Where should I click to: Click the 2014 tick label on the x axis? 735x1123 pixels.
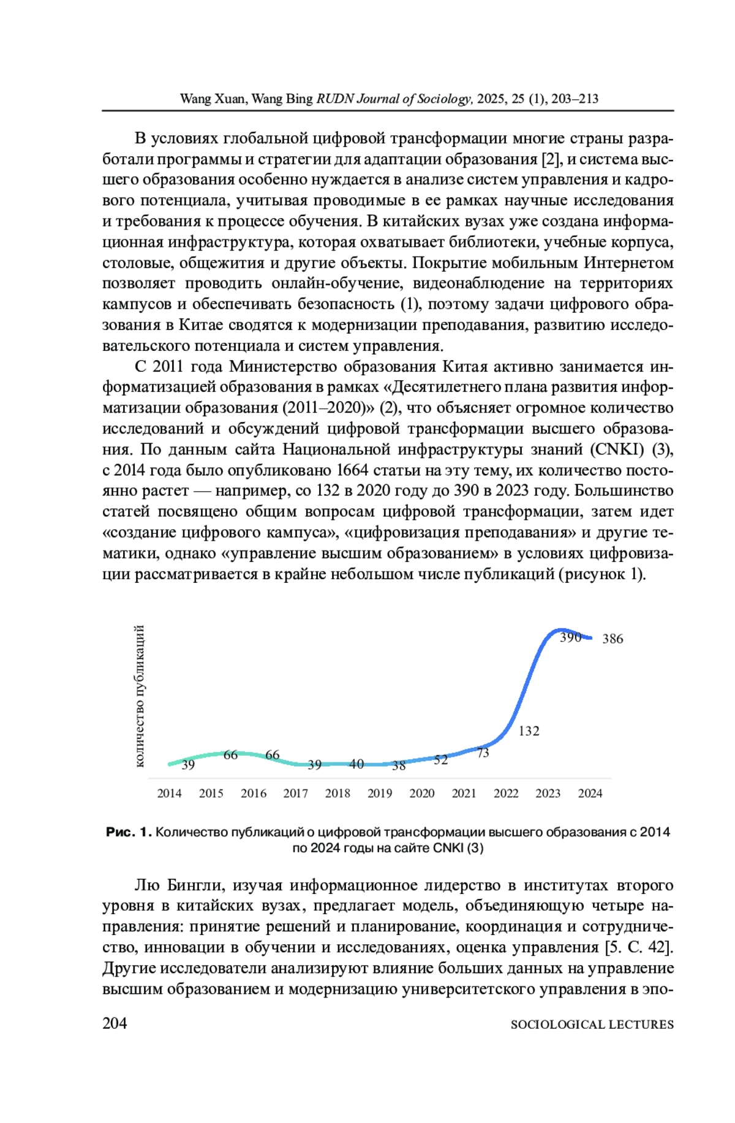(x=169, y=793)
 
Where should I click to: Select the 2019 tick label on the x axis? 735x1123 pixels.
(x=380, y=793)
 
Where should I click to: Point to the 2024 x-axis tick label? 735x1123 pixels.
(x=590, y=793)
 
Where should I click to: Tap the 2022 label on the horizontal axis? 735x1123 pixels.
(x=506, y=793)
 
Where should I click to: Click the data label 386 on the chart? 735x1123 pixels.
(x=612, y=639)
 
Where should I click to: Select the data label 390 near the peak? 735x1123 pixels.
(x=570, y=637)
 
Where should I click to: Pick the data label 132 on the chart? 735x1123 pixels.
(x=529, y=731)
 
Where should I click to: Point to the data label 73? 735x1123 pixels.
(x=483, y=753)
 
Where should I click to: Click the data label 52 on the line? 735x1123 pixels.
(x=441, y=760)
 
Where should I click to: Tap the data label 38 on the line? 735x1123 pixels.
(x=399, y=765)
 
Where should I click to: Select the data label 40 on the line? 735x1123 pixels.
(x=356, y=764)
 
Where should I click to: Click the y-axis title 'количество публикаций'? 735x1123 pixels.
(x=140, y=696)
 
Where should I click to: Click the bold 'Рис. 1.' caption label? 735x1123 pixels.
(x=128, y=832)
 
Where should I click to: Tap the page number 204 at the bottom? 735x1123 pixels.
(x=115, y=1023)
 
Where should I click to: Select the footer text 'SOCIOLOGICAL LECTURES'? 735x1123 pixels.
(x=592, y=1024)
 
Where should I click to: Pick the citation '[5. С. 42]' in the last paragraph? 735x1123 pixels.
(x=639, y=947)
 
